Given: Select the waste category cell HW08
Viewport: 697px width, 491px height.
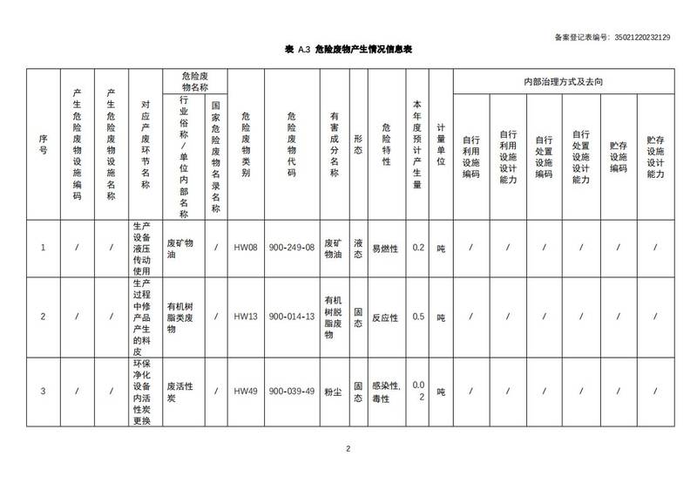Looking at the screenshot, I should (x=246, y=248).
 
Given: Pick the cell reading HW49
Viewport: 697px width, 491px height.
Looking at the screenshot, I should (x=246, y=391).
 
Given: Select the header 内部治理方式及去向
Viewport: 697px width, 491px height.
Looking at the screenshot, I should (x=562, y=81).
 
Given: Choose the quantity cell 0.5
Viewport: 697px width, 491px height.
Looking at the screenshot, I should (x=417, y=317).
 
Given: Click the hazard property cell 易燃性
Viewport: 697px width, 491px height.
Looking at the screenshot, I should (x=385, y=248).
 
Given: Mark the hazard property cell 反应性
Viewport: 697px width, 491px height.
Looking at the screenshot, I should (x=385, y=317).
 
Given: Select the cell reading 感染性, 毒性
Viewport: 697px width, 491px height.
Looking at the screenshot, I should (x=385, y=391).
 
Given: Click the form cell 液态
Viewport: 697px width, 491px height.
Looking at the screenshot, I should (x=358, y=248).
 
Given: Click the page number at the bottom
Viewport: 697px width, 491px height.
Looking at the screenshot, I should (x=348, y=449).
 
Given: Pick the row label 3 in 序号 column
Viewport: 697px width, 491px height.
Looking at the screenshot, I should (x=44, y=391).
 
